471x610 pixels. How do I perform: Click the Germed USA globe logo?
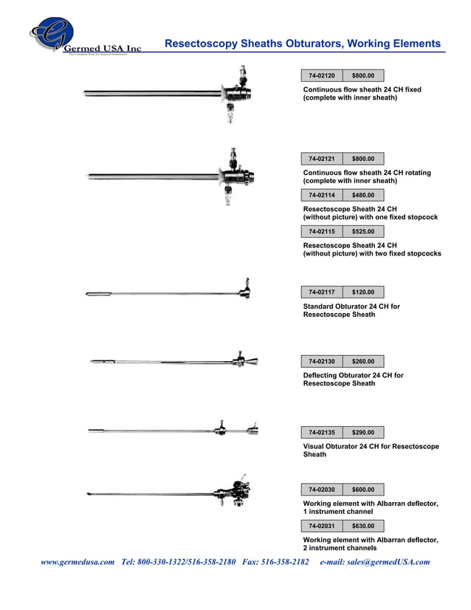pyautogui.click(x=52, y=33)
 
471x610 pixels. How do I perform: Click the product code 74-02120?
pyautogui.click(x=321, y=75)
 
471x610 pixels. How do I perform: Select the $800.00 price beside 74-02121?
pyautogui.click(x=363, y=159)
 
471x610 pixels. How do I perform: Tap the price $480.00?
pyautogui.click(x=363, y=196)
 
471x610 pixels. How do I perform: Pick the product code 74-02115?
pyautogui.click(x=321, y=232)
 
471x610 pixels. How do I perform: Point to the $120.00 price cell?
pyautogui.click(x=363, y=292)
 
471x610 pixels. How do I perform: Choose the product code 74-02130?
pyautogui.click(x=321, y=362)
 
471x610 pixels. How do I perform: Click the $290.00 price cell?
pyautogui.click(x=363, y=433)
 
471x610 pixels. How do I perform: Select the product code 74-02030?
pyautogui.click(x=321, y=490)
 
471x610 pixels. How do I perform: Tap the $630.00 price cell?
pyautogui.click(x=363, y=527)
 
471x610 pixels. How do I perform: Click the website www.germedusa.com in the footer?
pyautogui.click(x=78, y=562)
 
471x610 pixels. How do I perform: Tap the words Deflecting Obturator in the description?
pyautogui.click(x=339, y=376)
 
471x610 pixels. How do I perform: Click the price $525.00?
pyautogui.click(x=363, y=232)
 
